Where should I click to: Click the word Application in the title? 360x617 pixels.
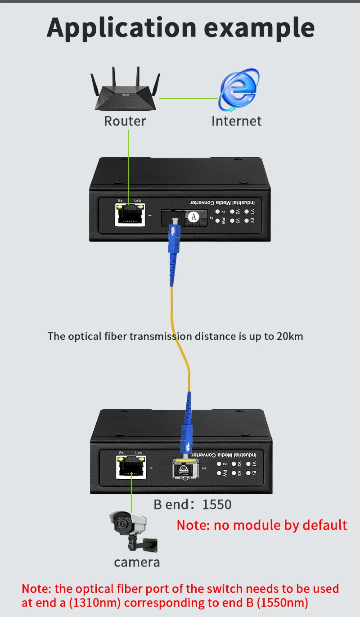click(x=121, y=28)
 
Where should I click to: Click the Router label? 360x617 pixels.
click(x=125, y=121)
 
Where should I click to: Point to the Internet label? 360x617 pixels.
click(x=236, y=121)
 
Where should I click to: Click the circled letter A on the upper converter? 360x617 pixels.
click(x=193, y=216)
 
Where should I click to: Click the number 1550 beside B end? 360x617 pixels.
click(x=217, y=504)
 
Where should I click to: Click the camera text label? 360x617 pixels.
click(x=137, y=562)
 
